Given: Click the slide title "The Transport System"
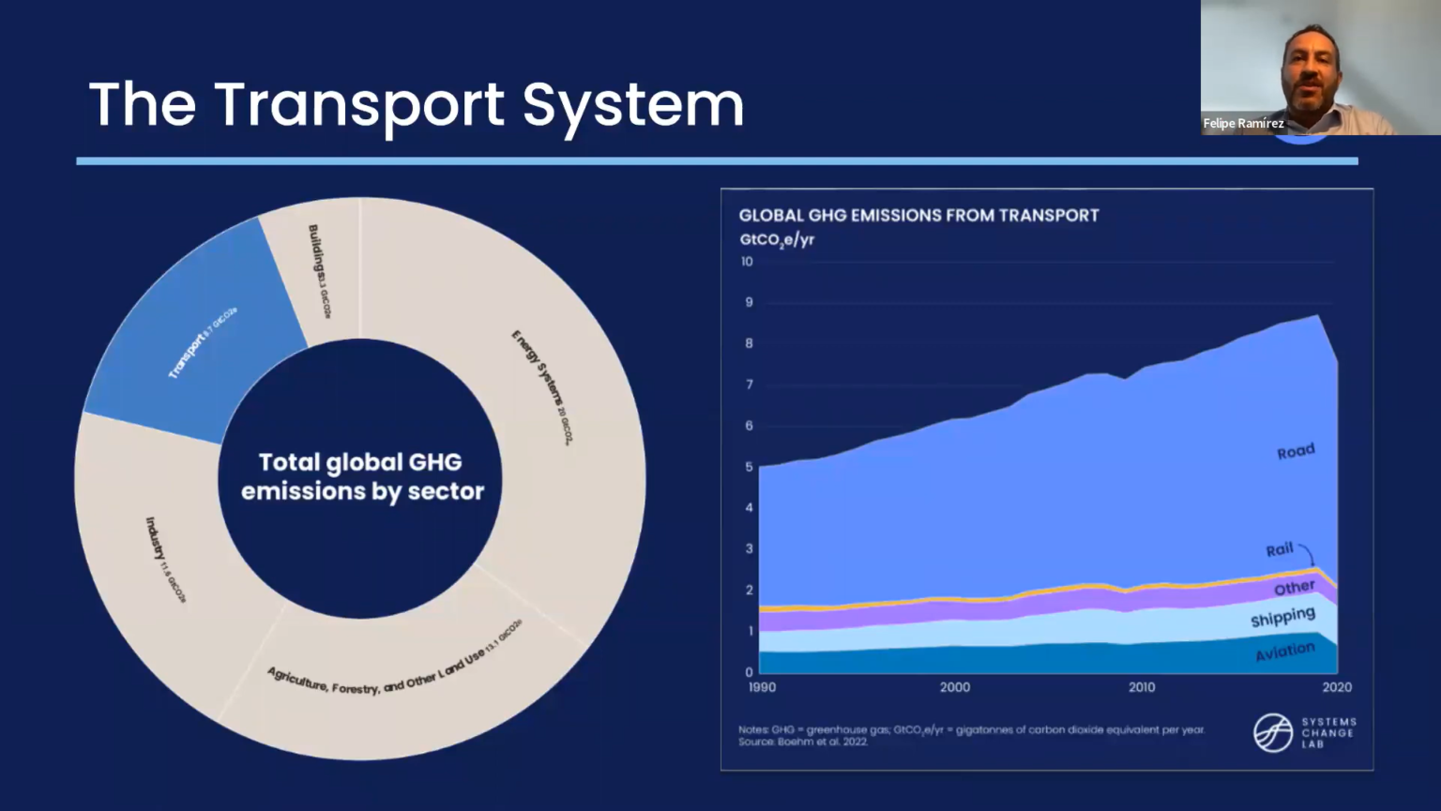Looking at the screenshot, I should pyautogui.click(x=416, y=104).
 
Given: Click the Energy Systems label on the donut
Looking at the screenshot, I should pyautogui.click(x=542, y=386).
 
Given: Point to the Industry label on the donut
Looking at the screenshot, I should pyautogui.click(x=165, y=559).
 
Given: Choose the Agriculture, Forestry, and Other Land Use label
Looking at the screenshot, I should pyautogui.click(x=394, y=668).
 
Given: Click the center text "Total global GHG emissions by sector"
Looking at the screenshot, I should pyautogui.click(x=361, y=477).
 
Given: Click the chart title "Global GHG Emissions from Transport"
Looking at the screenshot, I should pyautogui.click(x=918, y=215).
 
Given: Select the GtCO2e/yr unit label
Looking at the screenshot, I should pyautogui.click(x=777, y=240).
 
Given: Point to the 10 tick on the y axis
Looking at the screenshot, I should pyautogui.click(x=747, y=261).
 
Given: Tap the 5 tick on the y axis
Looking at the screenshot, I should pyautogui.click(x=749, y=467).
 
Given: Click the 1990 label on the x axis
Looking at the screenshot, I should pyautogui.click(x=762, y=687).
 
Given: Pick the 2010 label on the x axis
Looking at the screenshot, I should pyautogui.click(x=1142, y=687).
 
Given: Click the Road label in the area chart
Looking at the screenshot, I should pyautogui.click(x=1296, y=451).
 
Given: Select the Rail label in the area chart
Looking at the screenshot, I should pyautogui.click(x=1279, y=549).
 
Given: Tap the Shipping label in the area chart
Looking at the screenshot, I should pyautogui.click(x=1282, y=618).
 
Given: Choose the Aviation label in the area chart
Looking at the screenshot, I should pyautogui.click(x=1284, y=651).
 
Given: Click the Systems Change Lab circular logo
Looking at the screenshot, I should pyautogui.click(x=1273, y=732).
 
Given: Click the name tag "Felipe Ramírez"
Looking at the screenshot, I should pyautogui.click(x=1243, y=124).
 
